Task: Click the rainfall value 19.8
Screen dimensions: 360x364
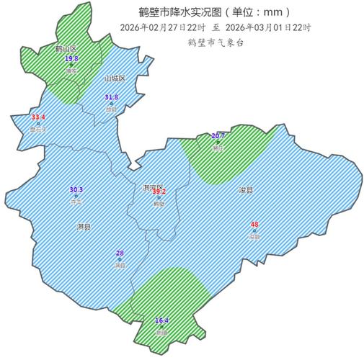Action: pos(71,58)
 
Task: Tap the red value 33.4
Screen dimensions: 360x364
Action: pos(38,117)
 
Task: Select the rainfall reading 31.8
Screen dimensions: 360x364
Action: pos(111,96)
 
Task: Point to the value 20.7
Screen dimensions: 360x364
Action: pos(218,135)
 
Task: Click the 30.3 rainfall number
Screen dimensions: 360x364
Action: pos(76,189)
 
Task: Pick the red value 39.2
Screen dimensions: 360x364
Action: pos(159,191)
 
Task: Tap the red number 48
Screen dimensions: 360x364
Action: pos(254,224)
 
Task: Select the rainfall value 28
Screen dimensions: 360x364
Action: pos(120,253)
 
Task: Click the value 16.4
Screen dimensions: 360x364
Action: pos(162,320)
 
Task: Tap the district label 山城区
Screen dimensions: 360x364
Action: pos(114,78)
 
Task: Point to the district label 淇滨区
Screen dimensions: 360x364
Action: pos(154,186)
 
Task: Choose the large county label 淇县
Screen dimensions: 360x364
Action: pos(84,227)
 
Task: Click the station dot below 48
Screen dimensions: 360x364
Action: pos(254,230)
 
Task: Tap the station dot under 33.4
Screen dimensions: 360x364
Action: pos(38,123)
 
